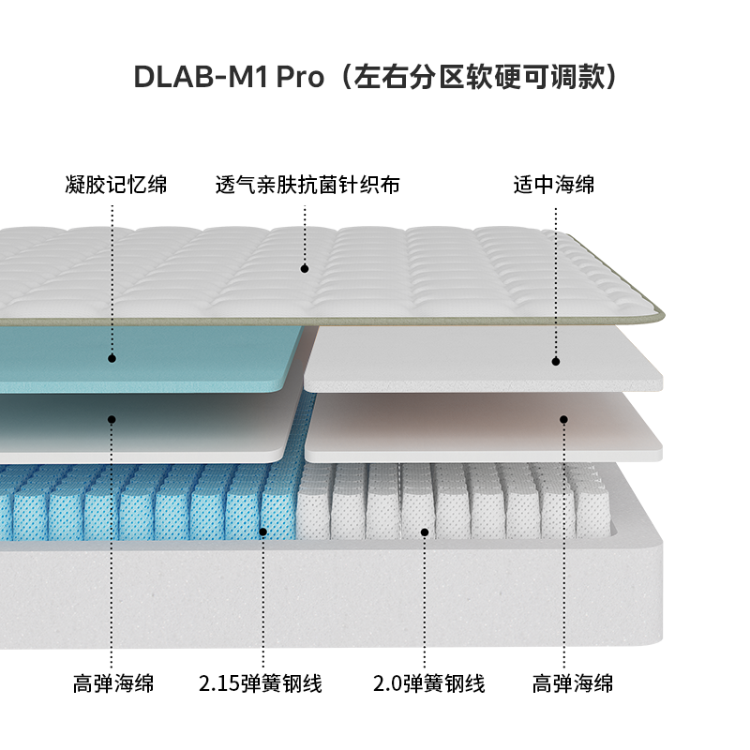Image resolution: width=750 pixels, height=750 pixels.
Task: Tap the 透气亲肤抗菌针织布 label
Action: click(307, 185)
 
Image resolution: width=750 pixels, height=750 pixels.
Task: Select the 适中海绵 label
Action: click(554, 185)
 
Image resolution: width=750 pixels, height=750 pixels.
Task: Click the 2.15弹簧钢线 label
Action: click(261, 683)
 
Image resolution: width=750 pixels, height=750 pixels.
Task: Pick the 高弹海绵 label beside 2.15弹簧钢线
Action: click(113, 683)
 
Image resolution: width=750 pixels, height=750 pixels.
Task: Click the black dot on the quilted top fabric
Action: click(305, 268)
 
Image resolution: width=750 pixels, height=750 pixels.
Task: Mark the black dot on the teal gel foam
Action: click(112, 357)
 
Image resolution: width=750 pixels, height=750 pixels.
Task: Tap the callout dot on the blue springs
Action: click(263, 532)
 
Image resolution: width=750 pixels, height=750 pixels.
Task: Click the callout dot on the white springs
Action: click(425, 532)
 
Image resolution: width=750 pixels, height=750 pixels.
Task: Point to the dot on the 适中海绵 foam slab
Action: click(555, 360)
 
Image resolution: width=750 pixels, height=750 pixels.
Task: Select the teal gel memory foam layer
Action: click(187, 361)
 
